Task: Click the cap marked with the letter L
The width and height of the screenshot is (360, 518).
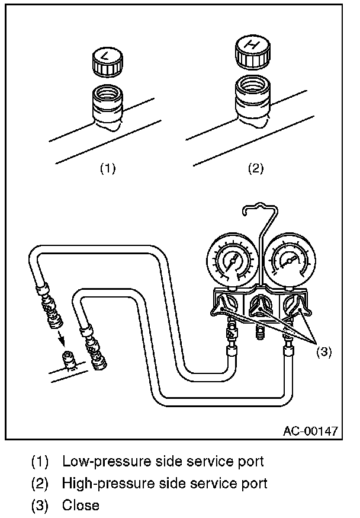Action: coord(107,61)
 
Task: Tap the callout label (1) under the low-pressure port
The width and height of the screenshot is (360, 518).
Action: coord(107,168)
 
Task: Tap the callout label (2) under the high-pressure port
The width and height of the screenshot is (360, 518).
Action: coord(255,168)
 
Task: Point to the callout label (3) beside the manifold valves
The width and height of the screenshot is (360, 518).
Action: coord(323,351)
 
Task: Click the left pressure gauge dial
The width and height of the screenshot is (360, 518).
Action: coord(232,261)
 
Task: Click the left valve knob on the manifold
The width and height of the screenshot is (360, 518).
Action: coord(225,306)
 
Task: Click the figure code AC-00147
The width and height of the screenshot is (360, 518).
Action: coord(310,430)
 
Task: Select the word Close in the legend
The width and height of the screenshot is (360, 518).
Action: coord(81,506)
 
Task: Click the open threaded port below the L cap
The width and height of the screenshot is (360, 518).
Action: coord(107,101)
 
